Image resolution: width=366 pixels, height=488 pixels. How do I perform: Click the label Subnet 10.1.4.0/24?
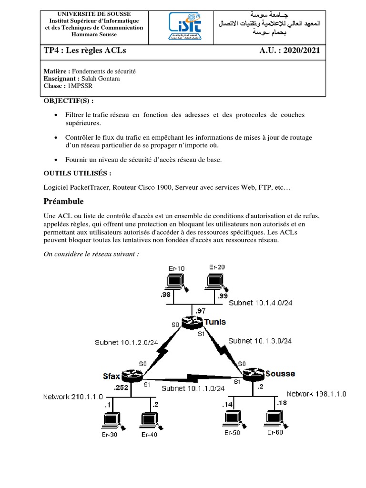[260, 303]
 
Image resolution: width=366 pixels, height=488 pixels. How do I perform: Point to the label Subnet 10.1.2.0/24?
[126, 342]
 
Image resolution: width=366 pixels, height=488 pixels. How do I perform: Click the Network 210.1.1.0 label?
[74, 396]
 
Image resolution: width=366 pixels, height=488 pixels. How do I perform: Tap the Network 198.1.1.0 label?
[316, 394]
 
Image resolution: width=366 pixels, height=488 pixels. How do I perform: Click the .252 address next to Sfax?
[122, 388]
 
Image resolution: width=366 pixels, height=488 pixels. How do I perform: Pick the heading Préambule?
[63, 201]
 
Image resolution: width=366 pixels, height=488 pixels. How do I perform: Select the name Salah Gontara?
[101, 79]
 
